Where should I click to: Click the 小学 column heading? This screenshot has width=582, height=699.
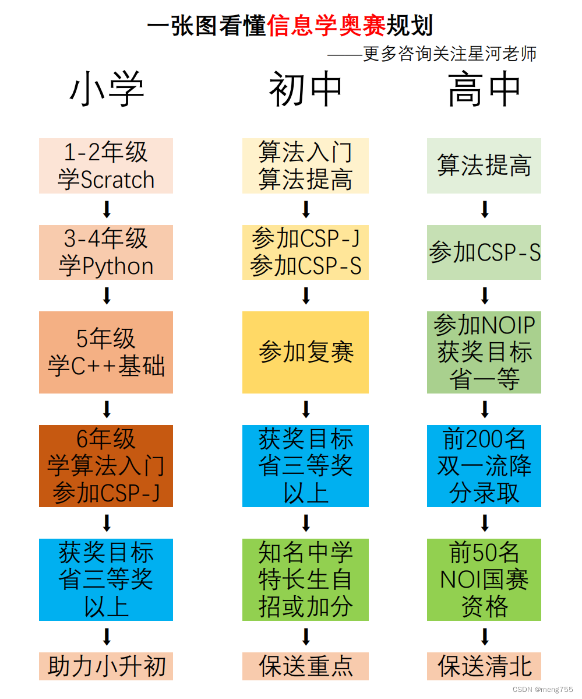[107, 91]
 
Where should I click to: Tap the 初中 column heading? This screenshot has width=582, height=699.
[306, 91]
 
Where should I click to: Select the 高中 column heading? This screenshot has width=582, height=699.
[484, 91]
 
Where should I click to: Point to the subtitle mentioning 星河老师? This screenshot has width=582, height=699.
[432, 54]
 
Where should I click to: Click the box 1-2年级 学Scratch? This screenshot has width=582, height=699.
[106, 166]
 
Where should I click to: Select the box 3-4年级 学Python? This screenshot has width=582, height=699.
[106, 252]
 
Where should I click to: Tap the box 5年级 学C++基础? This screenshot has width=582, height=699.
[106, 352]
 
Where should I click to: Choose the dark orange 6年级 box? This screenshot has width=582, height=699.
[106, 466]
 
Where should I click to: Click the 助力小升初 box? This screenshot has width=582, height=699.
[106, 666]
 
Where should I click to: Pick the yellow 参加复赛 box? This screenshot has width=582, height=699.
[306, 352]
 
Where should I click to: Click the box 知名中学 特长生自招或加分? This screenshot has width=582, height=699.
[306, 579]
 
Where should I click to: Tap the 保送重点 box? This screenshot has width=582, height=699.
[306, 666]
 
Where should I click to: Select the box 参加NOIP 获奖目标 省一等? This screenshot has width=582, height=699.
[484, 352]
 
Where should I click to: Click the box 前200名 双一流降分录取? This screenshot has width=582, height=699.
[484, 466]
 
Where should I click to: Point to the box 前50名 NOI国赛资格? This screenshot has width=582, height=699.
[484, 579]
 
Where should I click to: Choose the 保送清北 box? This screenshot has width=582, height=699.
[484, 666]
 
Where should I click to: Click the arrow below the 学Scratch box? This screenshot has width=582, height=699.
[107, 209]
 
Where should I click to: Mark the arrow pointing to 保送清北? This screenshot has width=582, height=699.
[485, 636]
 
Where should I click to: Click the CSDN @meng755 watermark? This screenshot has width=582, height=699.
[542, 689]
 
